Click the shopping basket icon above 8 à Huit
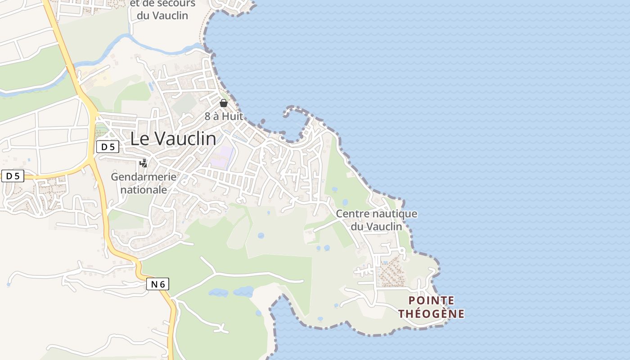224,103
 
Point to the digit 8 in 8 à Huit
207,116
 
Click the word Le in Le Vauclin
140,139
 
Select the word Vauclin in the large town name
184,139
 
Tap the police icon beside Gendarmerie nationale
143,163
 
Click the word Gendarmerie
144,177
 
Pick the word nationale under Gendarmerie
144,190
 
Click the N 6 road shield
157,284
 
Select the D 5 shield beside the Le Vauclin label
108,146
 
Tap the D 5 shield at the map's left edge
13,175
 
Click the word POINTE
431,300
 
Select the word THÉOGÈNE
431,314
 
